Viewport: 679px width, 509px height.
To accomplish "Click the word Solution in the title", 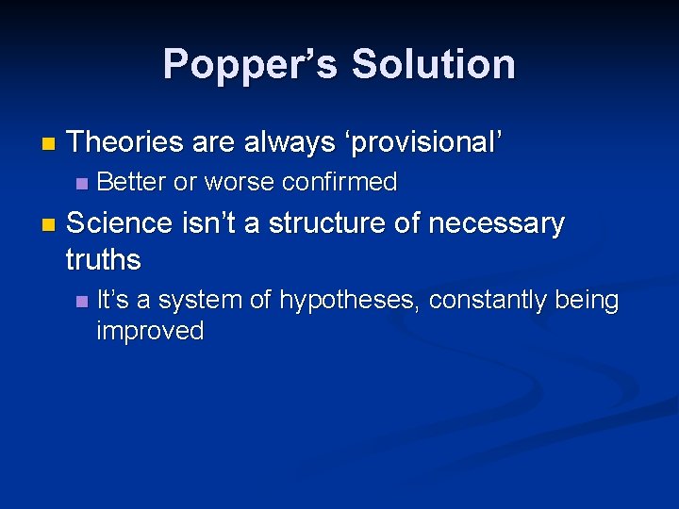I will click(x=433, y=64).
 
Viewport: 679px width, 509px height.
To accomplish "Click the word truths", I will click(x=104, y=259).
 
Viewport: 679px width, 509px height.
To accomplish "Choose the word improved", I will click(x=150, y=332).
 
